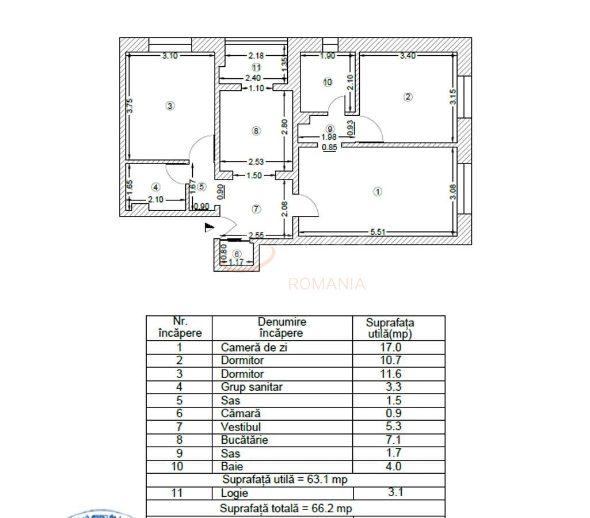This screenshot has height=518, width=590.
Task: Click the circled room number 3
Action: click(x=170, y=106)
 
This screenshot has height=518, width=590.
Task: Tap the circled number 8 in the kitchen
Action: click(x=256, y=131)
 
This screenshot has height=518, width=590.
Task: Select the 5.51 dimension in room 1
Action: click(x=378, y=232)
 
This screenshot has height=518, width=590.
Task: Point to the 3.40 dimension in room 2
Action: click(x=408, y=56)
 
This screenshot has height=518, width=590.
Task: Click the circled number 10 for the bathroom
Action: click(x=328, y=82)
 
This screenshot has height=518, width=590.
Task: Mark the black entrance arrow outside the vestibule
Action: click(x=210, y=228)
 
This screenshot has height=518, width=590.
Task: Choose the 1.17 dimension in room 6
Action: click(x=237, y=262)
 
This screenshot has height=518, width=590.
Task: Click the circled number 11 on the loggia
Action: click(x=256, y=67)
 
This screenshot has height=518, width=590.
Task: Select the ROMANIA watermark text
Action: click(x=326, y=284)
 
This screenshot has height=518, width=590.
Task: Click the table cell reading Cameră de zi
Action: click(x=254, y=348)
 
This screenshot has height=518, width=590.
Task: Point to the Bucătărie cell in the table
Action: click(x=245, y=440)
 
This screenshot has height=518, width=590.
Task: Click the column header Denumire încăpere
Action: click(x=282, y=327)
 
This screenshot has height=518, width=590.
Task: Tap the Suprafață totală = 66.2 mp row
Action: click(x=286, y=509)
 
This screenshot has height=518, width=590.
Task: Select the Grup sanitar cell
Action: click(x=252, y=387)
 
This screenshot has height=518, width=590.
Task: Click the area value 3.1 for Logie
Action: click(x=395, y=493)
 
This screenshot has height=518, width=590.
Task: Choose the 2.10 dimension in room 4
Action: click(x=156, y=200)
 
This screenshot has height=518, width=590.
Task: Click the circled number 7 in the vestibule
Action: click(x=256, y=209)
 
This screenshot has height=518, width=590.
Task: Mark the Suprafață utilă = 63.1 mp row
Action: click(x=285, y=479)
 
